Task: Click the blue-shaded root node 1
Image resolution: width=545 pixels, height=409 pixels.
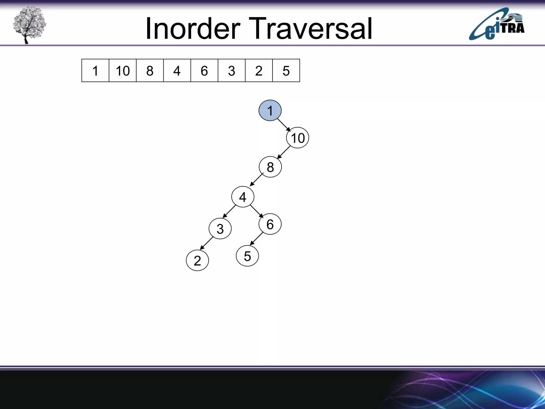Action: (x=270, y=111)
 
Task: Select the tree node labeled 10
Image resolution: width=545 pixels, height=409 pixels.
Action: (x=298, y=138)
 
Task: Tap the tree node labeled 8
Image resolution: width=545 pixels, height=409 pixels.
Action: (x=270, y=167)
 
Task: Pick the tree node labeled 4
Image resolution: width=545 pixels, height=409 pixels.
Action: (x=243, y=197)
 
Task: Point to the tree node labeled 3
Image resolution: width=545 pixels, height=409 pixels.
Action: (x=220, y=229)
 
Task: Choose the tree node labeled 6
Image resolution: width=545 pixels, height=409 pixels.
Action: (x=270, y=224)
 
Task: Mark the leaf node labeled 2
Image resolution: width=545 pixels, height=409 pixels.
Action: (x=197, y=260)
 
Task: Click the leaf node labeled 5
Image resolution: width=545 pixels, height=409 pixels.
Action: (x=247, y=256)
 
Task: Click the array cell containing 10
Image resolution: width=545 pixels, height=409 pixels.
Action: (x=122, y=71)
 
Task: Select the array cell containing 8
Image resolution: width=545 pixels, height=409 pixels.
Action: (x=150, y=71)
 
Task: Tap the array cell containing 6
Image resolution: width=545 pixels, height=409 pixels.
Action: (x=204, y=71)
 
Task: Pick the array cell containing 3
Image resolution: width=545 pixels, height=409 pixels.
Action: (x=232, y=71)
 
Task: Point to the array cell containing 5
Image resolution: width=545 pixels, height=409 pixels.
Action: (x=286, y=71)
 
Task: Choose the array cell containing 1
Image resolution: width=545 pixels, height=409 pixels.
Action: (x=95, y=71)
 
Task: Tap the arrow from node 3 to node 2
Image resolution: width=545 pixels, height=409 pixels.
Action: (x=207, y=243)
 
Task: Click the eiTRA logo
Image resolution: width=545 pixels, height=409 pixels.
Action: (x=497, y=24)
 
